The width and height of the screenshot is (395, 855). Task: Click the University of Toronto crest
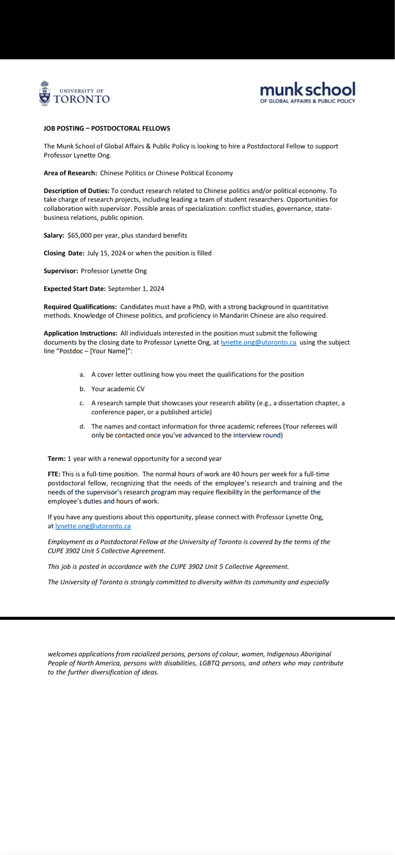tap(45, 93)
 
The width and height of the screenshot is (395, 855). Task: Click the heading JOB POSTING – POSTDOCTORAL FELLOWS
tap(107, 128)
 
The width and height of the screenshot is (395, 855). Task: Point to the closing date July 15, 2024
tap(107, 253)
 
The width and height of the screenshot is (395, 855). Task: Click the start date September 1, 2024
tap(136, 289)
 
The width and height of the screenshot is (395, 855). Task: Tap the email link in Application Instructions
tap(258, 342)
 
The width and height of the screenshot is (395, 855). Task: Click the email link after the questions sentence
tap(93, 526)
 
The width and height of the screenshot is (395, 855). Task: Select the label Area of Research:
tap(70, 173)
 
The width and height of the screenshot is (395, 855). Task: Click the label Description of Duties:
tap(76, 191)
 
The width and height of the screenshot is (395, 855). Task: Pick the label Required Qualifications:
tap(80, 307)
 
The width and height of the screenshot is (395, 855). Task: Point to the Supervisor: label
tap(61, 271)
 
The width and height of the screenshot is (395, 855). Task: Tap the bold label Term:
tap(56, 459)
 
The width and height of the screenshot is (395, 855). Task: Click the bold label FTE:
tap(54, 474)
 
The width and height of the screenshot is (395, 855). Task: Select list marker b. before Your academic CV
tap(82, 389)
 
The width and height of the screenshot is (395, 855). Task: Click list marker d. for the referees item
tap(82, 427)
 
